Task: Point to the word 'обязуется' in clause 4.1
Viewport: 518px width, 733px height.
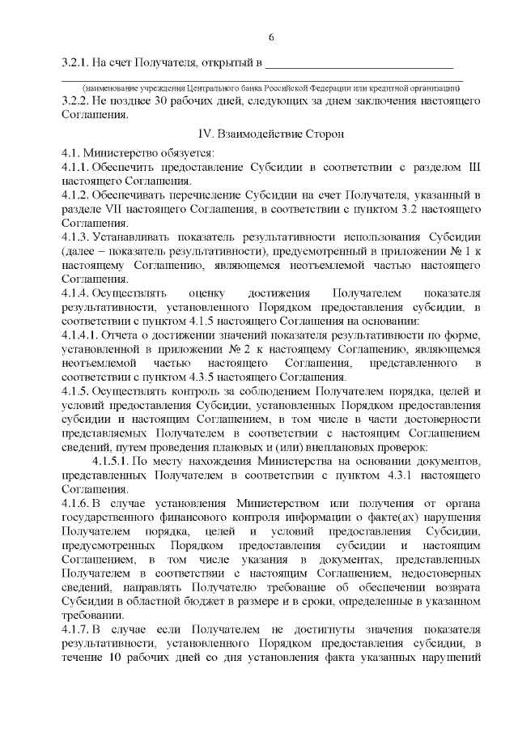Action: [163, 151]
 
